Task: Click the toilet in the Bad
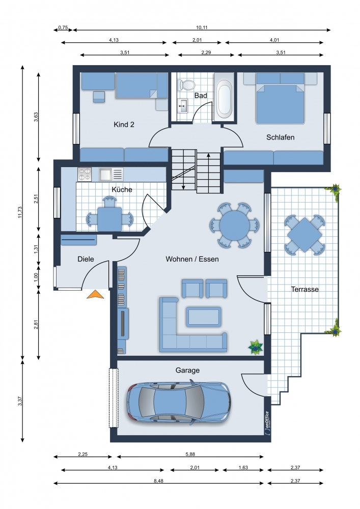click(186, 84)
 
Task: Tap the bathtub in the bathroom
click(224, 97)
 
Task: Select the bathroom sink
click(182, 105)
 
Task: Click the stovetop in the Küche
click(85, 174)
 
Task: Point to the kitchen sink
click(110, 174)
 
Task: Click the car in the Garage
click(179, 403)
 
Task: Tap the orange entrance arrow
click(95, 294)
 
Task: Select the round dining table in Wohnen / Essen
click(234, 225)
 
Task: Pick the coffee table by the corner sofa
click(204, 317)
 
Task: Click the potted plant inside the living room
click(256, 347)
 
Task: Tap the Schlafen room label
click(281, 137)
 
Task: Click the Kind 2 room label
click(124, 124)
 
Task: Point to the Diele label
click(86, 259)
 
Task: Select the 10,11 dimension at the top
click(202, 27)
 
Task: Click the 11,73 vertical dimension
click(20, 212)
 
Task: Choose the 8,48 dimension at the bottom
click(158, 481)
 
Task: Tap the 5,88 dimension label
click(190, 454)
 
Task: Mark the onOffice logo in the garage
click(267, 422)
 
